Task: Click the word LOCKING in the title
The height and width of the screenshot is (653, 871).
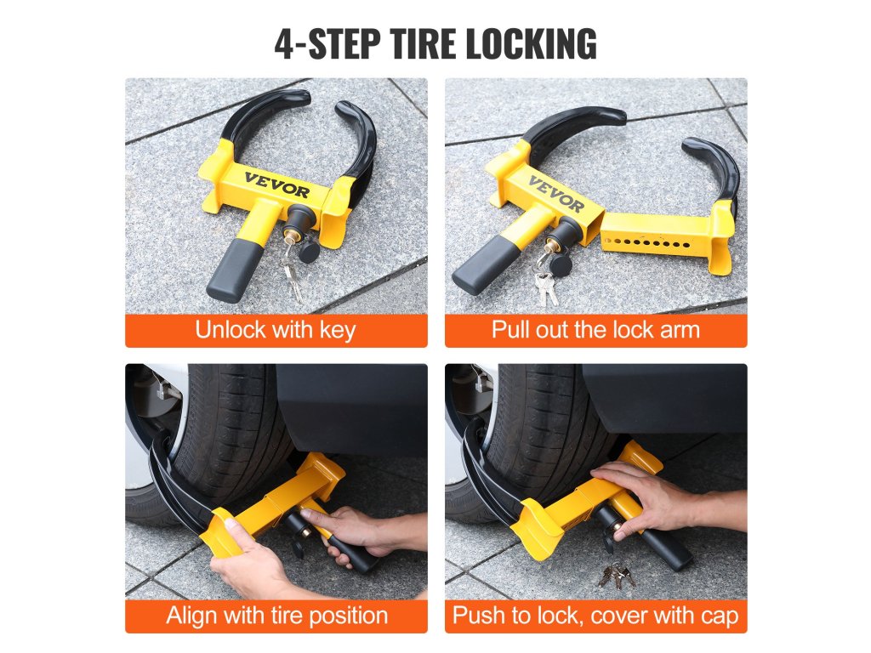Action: coord(531,43)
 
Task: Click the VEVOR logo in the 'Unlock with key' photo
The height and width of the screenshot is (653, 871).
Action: coord(276,185)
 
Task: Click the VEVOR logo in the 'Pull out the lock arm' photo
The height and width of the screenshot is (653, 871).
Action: coord(556,194)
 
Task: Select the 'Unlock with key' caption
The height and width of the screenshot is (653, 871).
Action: coord(276,330)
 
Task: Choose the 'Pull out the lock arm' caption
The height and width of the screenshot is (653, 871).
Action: coord(595,330)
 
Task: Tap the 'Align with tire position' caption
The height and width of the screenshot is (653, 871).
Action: coord(276,616)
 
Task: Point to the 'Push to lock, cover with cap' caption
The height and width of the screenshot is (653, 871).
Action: coord(595,616)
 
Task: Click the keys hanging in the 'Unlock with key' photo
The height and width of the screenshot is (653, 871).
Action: coord(292,275)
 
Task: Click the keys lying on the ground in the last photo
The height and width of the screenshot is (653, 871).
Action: coord(617,576)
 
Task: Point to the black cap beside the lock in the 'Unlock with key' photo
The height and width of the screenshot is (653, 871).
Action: coord(308,252)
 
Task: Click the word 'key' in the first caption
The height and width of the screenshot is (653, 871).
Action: coord(337,331)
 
